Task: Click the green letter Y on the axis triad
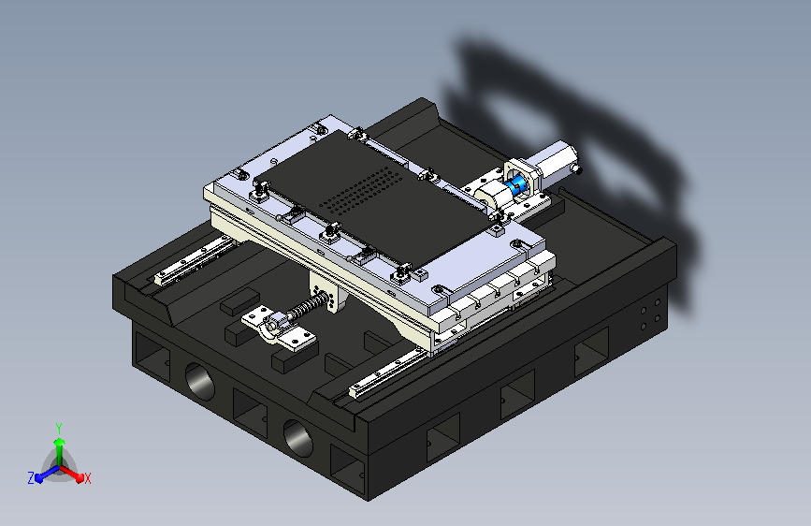coord(59,429)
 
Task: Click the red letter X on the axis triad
coord(87,479)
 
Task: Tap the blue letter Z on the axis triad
coord(31,478)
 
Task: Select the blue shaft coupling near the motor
coord(515,186)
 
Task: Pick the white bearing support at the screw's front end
coord(277,329)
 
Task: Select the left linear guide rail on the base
coord(194,260)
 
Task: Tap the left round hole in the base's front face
coord(199,381)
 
